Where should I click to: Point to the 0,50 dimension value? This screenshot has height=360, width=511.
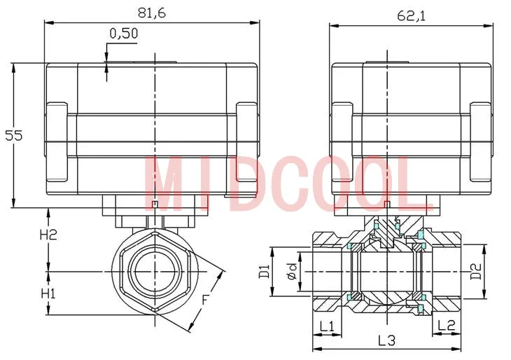[124, 33]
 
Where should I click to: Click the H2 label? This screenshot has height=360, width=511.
[48, 235]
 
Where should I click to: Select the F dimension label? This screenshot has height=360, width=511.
[205, 300]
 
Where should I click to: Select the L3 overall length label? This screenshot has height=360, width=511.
[386, 341]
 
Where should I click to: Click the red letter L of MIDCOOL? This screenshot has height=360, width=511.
[413, 183]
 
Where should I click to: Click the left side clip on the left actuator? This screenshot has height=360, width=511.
[56, 141]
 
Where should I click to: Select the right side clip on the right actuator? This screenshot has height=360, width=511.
[479, 141]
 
